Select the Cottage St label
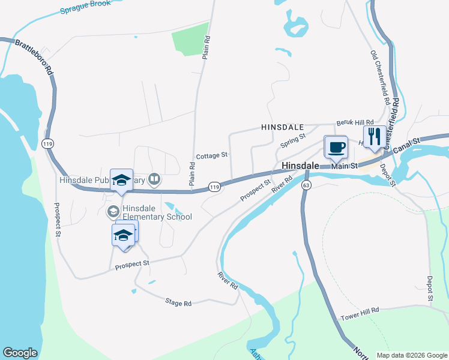[x=212, y=155]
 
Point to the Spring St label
[x=294, y=145]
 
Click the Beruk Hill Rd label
[x=354, y=121]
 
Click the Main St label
[x=344, y=165]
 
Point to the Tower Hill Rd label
[x=360, y=313]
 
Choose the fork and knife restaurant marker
[x=375, y=137]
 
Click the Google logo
[x=20, y=353]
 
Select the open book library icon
[x=154, y=179]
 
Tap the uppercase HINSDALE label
[x=283, y=128]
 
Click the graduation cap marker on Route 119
[x=122, y=181]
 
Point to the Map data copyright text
[x=411, y=355]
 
